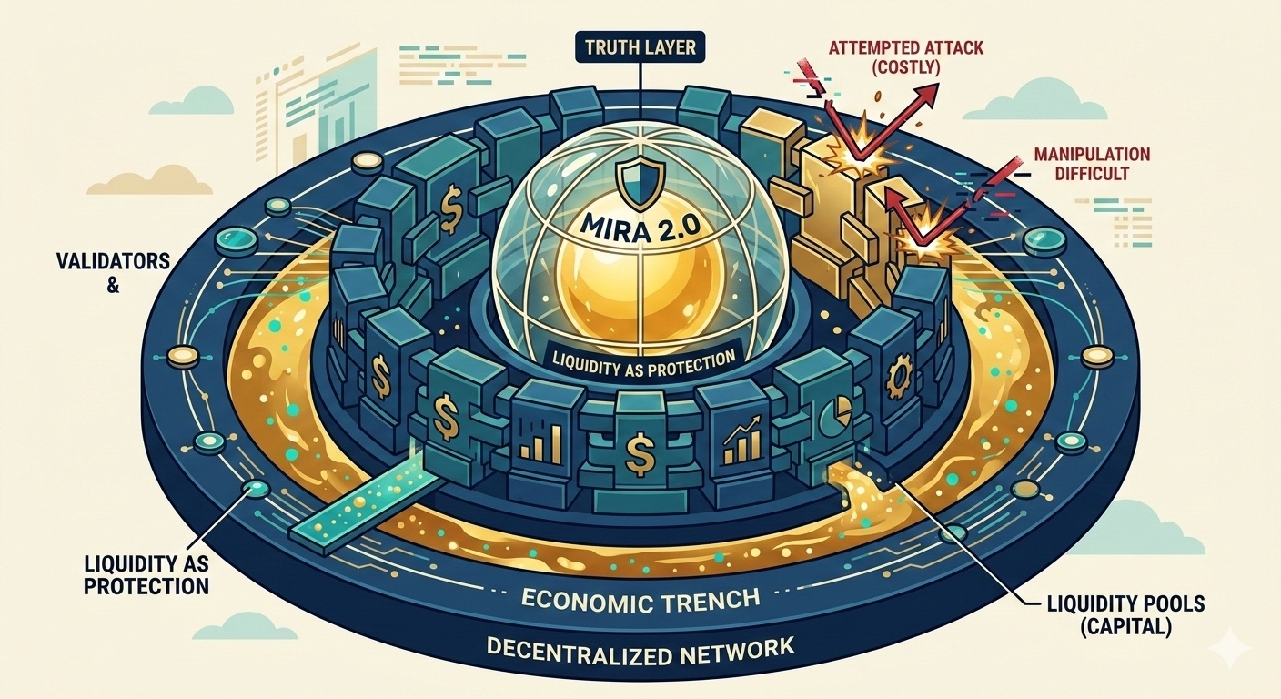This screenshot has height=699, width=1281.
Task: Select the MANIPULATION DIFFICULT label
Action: pyautogui.click(x=1092, y=163)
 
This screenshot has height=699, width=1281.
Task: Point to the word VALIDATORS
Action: pyautogui.click(x=107, y=261)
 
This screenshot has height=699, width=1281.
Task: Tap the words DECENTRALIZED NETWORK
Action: pyautogui.click(x=640, y=650)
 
